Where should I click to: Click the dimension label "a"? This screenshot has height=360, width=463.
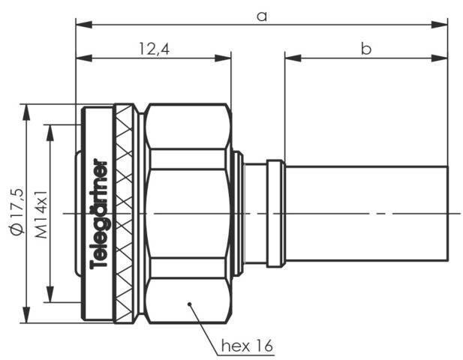261,16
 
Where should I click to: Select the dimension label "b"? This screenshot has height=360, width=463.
366,49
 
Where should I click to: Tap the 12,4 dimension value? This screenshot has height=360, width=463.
152,49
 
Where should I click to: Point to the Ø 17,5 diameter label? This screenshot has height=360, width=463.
17,214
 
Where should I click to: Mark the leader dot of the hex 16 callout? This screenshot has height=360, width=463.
191,304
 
